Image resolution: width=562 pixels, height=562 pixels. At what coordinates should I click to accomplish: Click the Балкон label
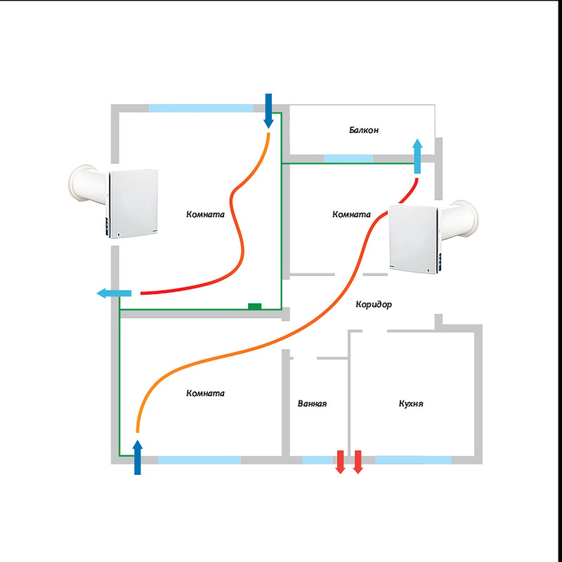364,130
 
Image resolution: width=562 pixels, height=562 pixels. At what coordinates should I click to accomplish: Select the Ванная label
312,404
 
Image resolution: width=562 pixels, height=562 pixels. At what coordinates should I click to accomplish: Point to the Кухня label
411,404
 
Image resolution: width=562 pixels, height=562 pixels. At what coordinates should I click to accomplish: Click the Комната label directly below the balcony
351,214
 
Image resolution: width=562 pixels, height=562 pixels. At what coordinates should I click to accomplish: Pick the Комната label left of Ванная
205,393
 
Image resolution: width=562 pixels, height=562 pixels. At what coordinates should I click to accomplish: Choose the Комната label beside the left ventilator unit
205,214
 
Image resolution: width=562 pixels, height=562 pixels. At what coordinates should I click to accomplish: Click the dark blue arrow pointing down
268,110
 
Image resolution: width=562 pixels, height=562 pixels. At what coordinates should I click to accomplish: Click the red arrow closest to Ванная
340,462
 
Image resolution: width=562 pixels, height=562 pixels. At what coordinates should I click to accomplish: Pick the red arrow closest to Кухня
358,462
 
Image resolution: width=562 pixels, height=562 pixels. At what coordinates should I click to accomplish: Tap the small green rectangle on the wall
254,306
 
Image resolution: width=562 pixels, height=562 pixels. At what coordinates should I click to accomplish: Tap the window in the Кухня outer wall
413,460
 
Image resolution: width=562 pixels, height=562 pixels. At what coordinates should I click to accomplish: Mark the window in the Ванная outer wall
317,460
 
